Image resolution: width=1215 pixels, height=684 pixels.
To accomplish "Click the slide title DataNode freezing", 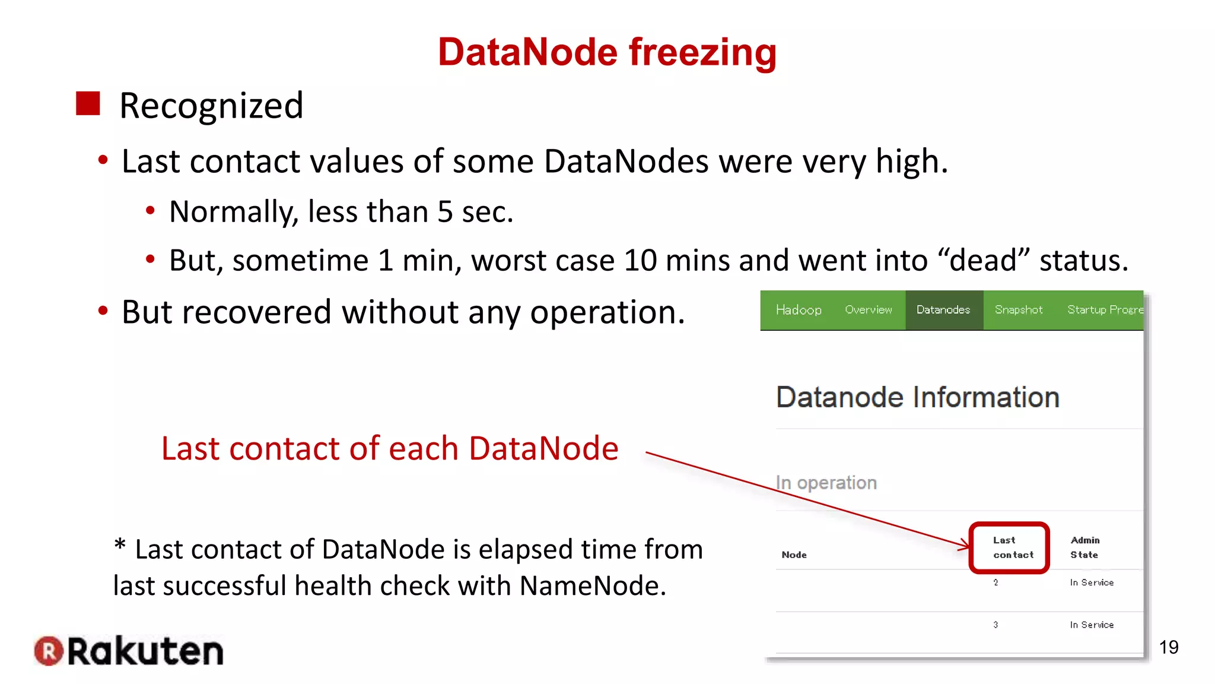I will pyautogui.click(x=607, y=52).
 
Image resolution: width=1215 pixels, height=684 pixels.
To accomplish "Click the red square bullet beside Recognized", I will pyautogui.click(x=88, y=103).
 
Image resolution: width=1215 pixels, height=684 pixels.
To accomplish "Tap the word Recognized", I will pyautogui.click(x=211, y=106).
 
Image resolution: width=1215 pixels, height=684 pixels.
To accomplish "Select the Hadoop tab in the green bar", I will pyautogui.click(x=798, y=310).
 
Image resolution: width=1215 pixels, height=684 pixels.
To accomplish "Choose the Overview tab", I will pyautogui.click(x=868, y=310).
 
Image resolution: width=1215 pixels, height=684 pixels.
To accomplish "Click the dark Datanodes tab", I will pyautogui.click(x=943, y=310).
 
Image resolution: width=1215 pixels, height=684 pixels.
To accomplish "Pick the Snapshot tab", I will pyautogui.click(x=1018, y=310).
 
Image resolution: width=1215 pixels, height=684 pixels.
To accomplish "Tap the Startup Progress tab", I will pyautogui.click(x=1105, y=310).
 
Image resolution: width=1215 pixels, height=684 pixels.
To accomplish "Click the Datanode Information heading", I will pyautogui.click(x=917, y=397).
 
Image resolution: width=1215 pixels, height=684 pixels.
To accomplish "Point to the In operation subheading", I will pyautogui.click(x=826, y=483).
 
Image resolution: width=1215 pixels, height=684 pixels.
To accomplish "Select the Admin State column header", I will pyautogui.click(x=1084, y=547).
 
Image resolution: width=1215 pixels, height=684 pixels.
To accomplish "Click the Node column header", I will pyautogui.click(x=794, y=555).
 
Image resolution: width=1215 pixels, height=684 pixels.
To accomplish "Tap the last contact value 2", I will pyautogui.click(x=995, y=582).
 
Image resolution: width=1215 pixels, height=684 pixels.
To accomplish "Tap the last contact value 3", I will pyautogui.click(x=995, y=625).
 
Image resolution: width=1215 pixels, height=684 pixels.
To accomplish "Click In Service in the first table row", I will pyautogui.click(x=1091, y=582).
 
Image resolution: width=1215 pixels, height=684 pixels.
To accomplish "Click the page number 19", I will pyautogui.click(x=1168, y=647).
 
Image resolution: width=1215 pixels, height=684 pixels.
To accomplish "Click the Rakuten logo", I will pyautogui.click(x=129, y=651).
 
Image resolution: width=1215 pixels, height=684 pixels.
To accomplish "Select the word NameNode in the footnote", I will pyautogui.click(x=593, y=586).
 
